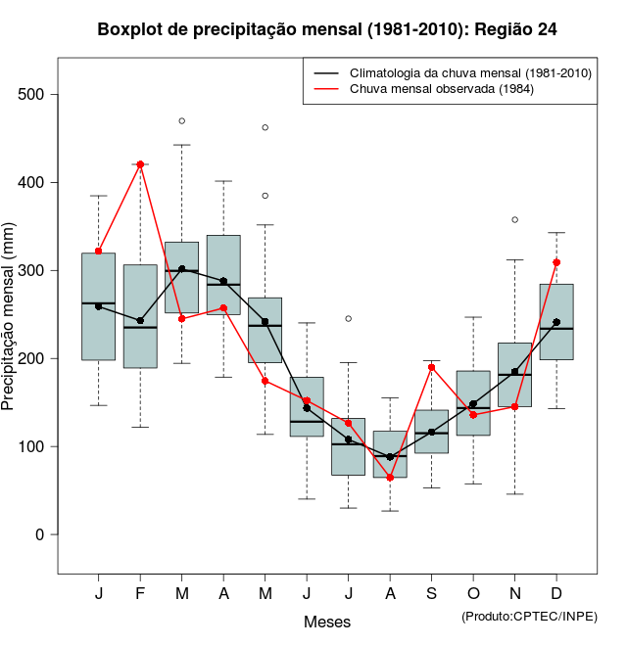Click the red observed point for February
(x=140, y=164)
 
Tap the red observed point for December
(x=556, y=262)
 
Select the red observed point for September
(x=432, y=367)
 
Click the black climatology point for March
(x=182, y=269)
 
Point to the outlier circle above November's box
(x=515, y=219)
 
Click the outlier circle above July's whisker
(x=349, y=318)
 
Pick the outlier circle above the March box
(x=182, y=120)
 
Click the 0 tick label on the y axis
(x=42, y=534)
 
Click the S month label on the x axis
(x=432, y=594)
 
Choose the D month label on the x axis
(x=556, y=594)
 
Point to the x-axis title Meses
(x=327, y=622)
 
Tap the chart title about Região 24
(x=327, y=29)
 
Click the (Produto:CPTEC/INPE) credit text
(x=529, y=616)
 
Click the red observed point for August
(x=390, y=478)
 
